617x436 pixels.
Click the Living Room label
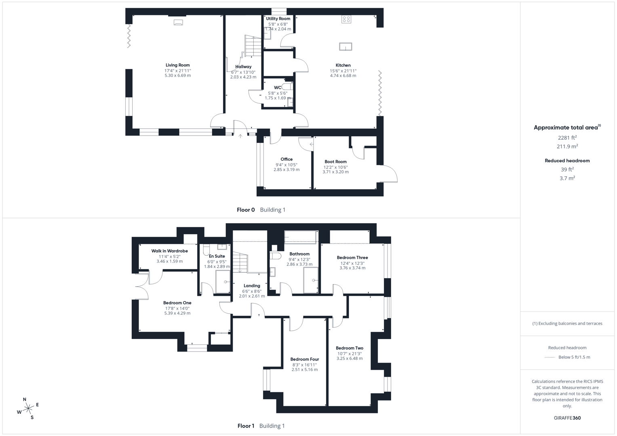tap(177, 65)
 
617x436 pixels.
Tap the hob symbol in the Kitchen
tap(346, 19)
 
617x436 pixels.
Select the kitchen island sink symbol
tap(345, 47)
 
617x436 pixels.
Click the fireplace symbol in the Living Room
tap(178, 23)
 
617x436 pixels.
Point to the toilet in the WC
tap(286, 86)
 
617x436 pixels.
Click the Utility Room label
tap(278, 19)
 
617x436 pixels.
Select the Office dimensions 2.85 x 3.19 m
tap(286, 170)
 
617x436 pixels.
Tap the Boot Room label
tap(335, 161)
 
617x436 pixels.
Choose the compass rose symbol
tap(28, 409)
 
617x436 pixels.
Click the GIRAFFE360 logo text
tap(567, 418)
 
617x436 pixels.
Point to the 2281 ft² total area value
tap(567, 138)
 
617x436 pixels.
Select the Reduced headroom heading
tap(567, 161)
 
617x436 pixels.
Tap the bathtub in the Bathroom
tap(300, 237)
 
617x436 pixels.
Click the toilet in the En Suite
tap(206, 250)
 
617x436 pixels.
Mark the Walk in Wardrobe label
tap(169, 251)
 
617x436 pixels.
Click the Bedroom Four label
tap(304, 359)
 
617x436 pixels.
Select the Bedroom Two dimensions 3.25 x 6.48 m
tap(350, 358)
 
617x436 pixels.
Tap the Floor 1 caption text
tap(246, 426)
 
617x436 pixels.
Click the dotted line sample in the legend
tap(550, 357)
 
